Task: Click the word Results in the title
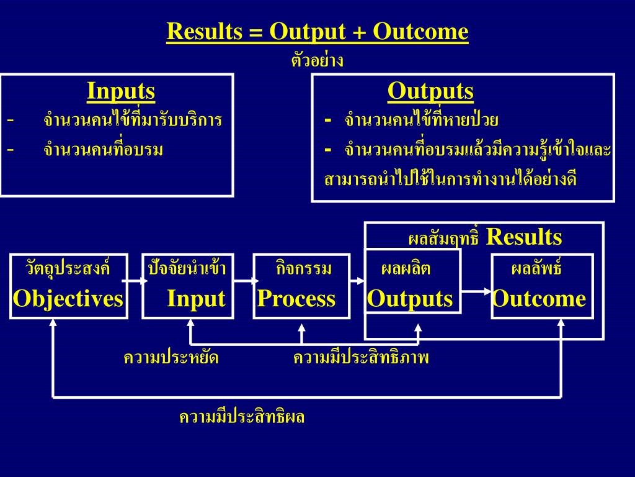[204, 32]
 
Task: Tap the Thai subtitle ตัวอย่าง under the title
[317, 61]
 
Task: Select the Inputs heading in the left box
[121, 91]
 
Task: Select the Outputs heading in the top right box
[430, 91]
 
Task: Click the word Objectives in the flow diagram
[68, 299]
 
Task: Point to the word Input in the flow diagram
[196, 299]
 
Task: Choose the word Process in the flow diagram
[296, 299]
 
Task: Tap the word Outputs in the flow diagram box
[410, 299]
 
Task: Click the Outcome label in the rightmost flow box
[539, 299]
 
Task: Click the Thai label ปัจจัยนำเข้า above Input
[187, 270]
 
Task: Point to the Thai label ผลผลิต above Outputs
[406, 270]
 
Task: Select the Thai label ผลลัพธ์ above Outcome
[536, 270]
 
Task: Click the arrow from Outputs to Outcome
[476, 291]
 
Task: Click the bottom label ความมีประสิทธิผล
[242, 417]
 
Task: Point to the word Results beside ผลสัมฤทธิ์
[524, 237]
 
